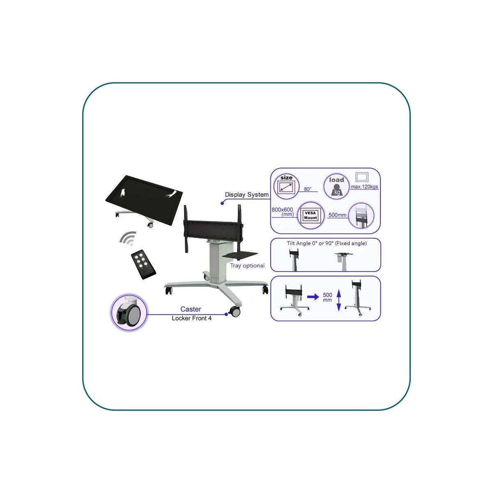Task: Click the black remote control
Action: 143,264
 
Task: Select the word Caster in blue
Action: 191,309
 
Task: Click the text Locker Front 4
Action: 191,318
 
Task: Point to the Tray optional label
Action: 247,265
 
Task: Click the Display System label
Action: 246,195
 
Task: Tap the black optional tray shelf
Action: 240,255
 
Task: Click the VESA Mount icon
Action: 311,215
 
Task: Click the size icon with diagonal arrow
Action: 286,187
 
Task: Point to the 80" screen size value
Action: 308,189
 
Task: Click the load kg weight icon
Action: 336,186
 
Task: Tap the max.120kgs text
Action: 364,187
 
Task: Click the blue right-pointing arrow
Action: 313,297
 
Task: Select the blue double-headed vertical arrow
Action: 339,300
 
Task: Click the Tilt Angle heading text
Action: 327,243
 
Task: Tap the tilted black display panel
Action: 144,200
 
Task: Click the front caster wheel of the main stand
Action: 235,311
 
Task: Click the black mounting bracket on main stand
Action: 213,228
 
